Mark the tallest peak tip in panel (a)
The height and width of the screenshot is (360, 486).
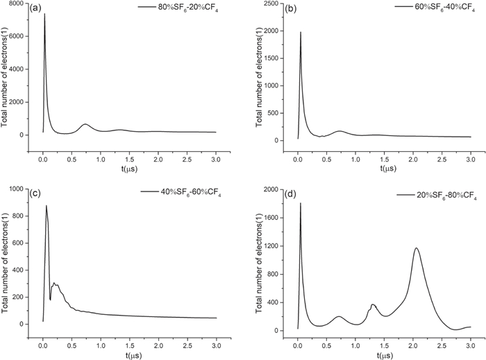(x=44, y=14)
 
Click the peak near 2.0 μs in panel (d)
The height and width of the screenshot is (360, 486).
(x=417, y=248)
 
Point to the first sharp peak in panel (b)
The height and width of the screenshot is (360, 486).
(x=301, y=32)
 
